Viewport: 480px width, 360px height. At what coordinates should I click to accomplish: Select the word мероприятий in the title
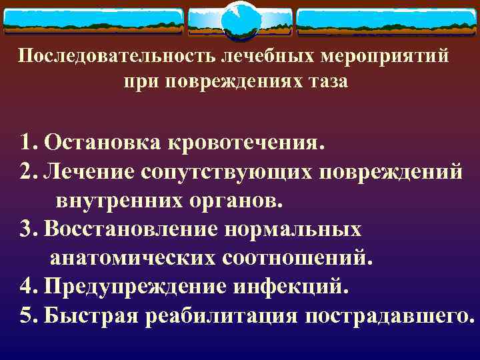tap(387, 56)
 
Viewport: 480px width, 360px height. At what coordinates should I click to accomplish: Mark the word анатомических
tap(128, 258)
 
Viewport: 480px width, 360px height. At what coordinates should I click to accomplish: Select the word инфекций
tap(290, 287)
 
